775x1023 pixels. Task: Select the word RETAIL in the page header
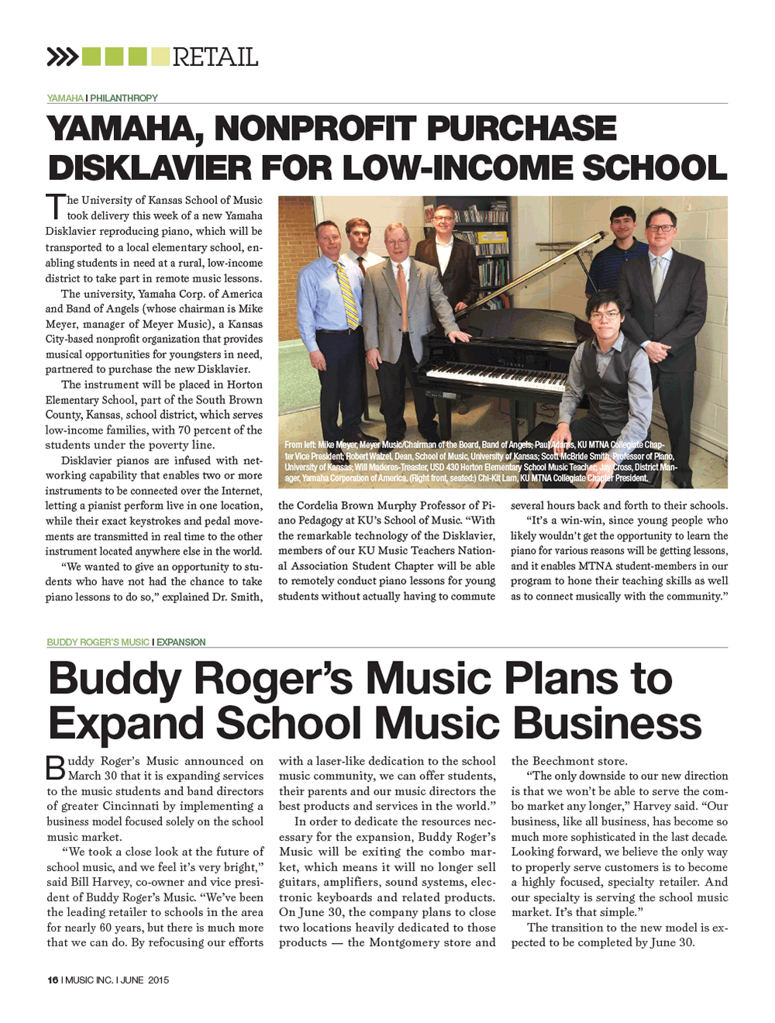(215, 57)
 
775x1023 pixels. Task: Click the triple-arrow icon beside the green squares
(62, 57)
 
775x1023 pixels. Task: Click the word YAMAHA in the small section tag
(65, 98)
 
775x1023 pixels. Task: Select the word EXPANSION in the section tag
(181, 642)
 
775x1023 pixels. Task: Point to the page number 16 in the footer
(53, 980)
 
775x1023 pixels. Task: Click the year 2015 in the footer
(158, 980)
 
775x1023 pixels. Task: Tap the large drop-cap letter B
(56, 768)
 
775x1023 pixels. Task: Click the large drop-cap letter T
(55, 207)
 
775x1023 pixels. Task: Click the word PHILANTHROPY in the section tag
(124, 98)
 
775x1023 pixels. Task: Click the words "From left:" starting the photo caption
(300, 445)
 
